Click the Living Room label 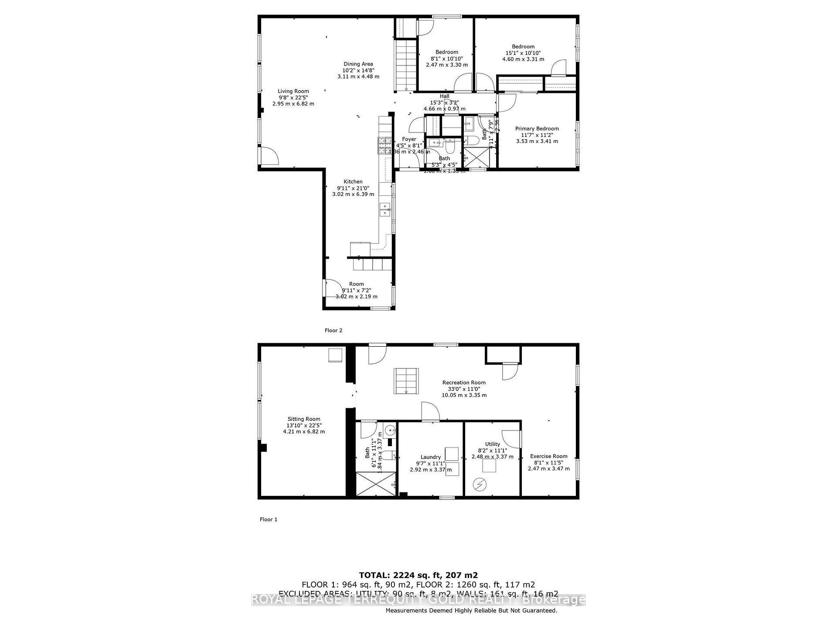pyautogui.click(x=293, y=92)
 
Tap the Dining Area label pyautogui.click(x=358, y=64)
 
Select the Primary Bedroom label pyautogui.click(x=537, y=129)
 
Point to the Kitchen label pyautogui.click(x=353, y=182)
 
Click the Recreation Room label pyautogui.click(x=464, y=382)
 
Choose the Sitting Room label pyautogui.click(x=304, y=419)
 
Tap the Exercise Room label pyautogui.click(x=548, y=456)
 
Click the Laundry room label pyautogui.click(x=431, y=457)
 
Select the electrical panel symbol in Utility pyautogui.click(x=480, y=485)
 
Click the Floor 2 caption pyautogui.click(x=333, y=331)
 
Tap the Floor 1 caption pyautogui.click(x=269, y=519)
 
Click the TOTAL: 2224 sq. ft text pyautogui.click(x=418, y=575)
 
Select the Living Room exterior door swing pyautogui.click(x=269, y=156)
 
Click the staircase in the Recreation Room pyautogui.click(x=406, y=381)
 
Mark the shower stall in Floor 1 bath pyautogui.click(x=376, y=484)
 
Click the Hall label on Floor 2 pyautogui.click(x=444, y=96)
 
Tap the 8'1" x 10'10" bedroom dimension pyautogui.click(x=447, y=58)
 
